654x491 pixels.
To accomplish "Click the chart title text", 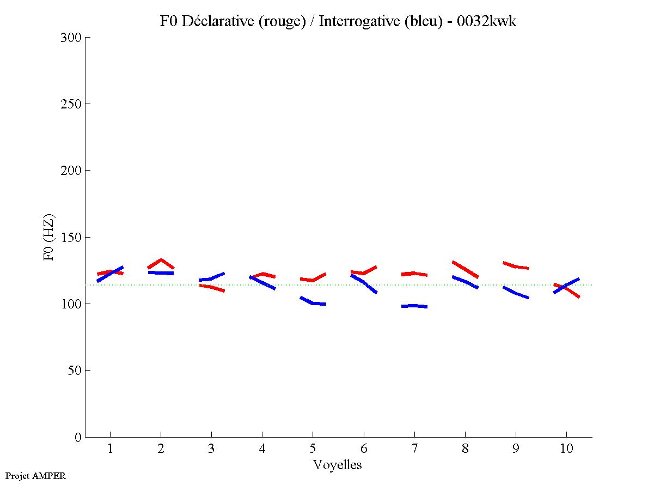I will tap(338, 21).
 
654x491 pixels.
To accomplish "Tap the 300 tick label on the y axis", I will tap(71, 38).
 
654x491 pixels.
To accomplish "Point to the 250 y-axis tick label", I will tap(71, 104).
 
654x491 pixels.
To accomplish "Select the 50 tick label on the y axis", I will tap(75, 371).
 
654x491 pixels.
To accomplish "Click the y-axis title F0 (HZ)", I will tap(49, 237).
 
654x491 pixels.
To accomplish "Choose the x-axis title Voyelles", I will tap(338, 465).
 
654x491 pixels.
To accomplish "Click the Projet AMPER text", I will tap(35, 476).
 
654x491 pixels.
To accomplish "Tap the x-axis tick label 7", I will tap(414, 449).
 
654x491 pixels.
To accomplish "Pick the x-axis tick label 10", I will tap(566, 449).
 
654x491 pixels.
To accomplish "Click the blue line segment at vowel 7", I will tap(414, 306).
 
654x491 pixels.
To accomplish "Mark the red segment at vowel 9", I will tap(516, 266).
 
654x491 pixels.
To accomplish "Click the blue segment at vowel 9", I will tap(516, 293).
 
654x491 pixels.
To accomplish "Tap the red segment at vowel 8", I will tap(465, 269).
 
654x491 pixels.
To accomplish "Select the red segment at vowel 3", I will tap(211, 287).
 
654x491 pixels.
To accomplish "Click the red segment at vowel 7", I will tap(414, 274).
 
